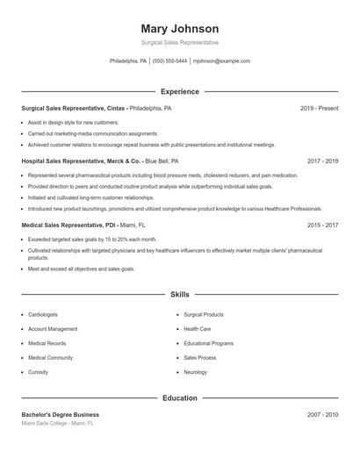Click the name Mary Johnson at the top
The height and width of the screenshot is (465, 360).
click(x=179, y=28)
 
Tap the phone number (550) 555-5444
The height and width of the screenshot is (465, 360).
click(x=169, y=61)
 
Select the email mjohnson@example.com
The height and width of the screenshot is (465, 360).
click(x=221, y=61)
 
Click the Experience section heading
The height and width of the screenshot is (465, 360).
click(x=179, y=91)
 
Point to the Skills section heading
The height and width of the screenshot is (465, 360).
click(x=179, y=295)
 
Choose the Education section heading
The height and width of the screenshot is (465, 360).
click(x=179, y=398)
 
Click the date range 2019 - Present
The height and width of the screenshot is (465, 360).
click(x=319, y=108)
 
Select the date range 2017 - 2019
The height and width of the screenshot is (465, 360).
click(x=322, y=161)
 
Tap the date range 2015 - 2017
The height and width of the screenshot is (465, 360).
click(x=322, y=225)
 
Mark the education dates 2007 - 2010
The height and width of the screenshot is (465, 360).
click(x=322, y=414)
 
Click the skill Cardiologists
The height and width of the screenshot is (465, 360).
click(x=43, y=314)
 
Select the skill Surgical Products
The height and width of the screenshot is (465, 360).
click(x=204, y=314)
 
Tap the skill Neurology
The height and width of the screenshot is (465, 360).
click(x=195, y=372)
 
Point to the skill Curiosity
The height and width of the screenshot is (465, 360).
click(x=38, y=372)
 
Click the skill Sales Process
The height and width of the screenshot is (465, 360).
click(x=199, y=358)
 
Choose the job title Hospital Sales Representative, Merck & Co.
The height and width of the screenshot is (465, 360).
click(x=82, y=161)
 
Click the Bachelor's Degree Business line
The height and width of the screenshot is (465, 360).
click(x=60, y=414)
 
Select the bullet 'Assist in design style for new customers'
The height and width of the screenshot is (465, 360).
click(x=73, y=122)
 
